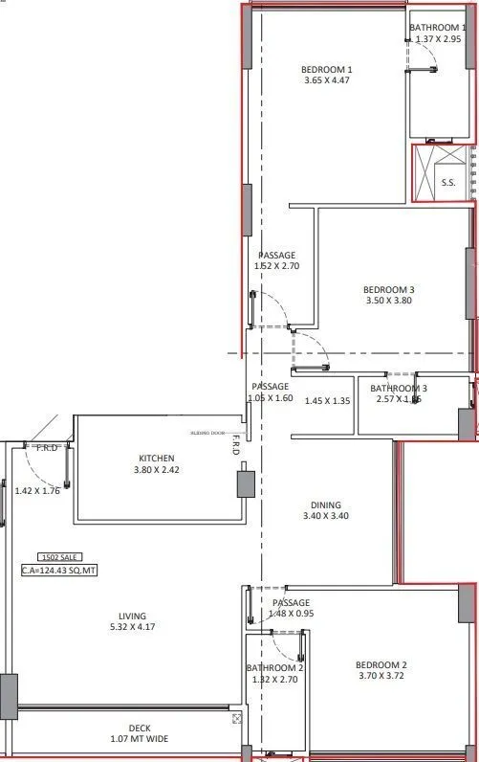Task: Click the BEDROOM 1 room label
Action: point(327,69)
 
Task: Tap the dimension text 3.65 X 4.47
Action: point(327,80)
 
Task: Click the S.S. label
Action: point(447,182)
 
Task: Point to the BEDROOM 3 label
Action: point(389,289)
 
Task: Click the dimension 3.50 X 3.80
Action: point(389,301)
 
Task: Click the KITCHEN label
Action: point(156,459)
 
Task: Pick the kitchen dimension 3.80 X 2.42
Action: point(156,470)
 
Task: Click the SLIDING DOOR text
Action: point(207,432)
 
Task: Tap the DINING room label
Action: point(325,505)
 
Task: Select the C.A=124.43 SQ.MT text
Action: point(59,571)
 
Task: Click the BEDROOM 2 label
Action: point(381,665)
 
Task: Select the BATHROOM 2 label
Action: point(275,667)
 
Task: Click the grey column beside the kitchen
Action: point(246,483)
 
